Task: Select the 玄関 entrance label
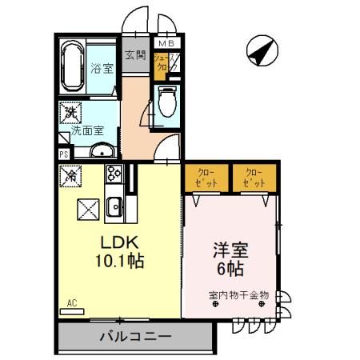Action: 135,55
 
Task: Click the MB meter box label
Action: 166,42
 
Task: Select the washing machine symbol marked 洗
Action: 70,112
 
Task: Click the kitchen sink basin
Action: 114,206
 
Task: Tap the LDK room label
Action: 119,242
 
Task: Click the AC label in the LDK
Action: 71,303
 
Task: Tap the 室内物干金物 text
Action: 238,295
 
